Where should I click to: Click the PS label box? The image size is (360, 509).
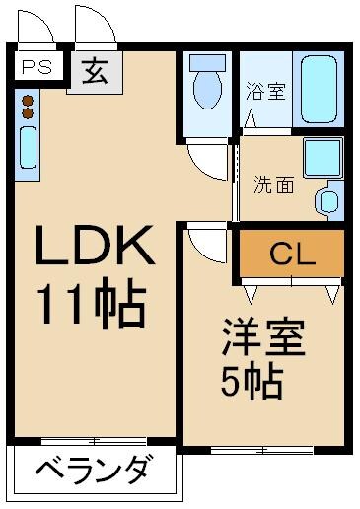pyautogui.click(x=37, y=69)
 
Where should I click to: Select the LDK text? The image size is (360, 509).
pyautogui.click(x=96, y=248)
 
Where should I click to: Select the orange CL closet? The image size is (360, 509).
pyautogui.click(x=292, y=254)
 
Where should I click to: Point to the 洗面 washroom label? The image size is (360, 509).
pyautogui.click(x=273, y=183)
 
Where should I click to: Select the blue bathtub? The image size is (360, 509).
pyautogui.click(x=322, y=89)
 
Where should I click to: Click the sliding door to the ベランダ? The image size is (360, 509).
pyautogui.click(x=94, y=440)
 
